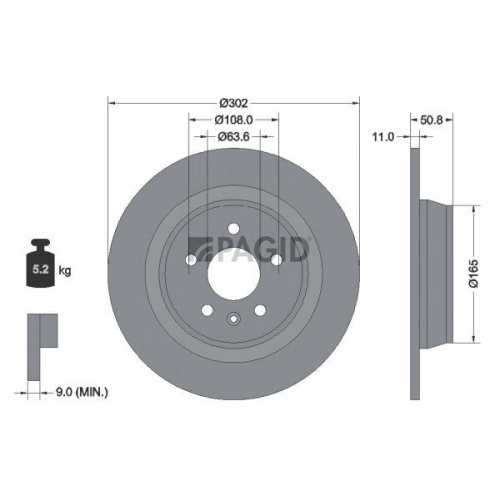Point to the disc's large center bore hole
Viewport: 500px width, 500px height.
point(232,268)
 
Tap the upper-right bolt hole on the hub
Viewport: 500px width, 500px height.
point(275,257)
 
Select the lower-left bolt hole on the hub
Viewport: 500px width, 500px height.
point(206,306)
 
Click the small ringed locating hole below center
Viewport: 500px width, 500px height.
point(232,320)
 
